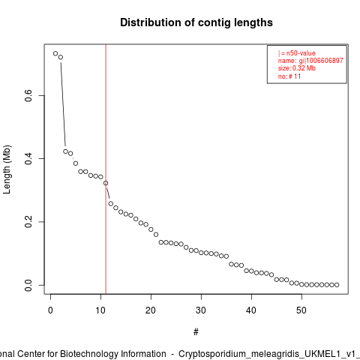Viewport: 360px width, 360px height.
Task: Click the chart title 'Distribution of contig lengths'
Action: (196, 22)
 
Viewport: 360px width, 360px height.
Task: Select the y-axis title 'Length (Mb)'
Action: (7, 169)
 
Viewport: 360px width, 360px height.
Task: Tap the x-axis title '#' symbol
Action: (196, 332)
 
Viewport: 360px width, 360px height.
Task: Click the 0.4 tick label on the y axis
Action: (28, 158)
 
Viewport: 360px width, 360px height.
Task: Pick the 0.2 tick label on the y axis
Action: (28, 222)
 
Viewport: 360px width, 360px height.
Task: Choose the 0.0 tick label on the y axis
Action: (28, 285)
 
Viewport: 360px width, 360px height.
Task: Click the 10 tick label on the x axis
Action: (100, 310)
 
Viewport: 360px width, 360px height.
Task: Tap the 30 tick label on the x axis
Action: (201, 310)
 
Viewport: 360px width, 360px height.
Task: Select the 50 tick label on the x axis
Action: (301, 310)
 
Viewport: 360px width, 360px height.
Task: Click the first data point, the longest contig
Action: (55, 53)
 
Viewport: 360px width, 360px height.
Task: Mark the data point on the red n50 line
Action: (106, 183)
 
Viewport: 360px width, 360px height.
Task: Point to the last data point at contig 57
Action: (337, 285)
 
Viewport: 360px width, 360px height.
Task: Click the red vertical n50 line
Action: (106, 169)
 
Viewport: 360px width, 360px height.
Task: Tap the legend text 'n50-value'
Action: (301, 53)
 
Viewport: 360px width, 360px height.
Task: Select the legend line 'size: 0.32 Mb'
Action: (297, 68)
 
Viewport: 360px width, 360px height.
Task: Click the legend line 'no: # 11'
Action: (289, 76)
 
